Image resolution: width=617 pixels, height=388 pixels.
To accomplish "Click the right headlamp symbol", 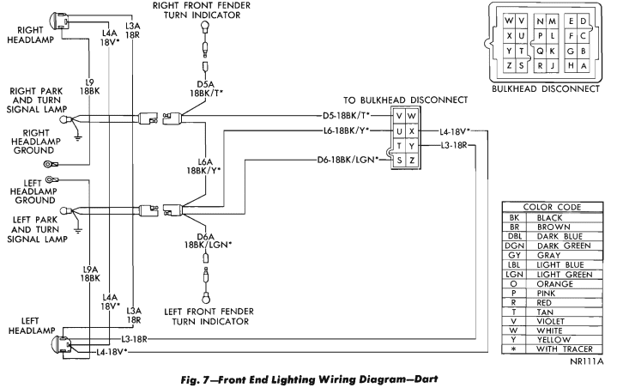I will [x=59, y=17].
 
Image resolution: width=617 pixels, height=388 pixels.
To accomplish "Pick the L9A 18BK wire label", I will [x=90, y=275].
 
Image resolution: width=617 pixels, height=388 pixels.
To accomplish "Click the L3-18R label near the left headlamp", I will [x=135, y=339].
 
